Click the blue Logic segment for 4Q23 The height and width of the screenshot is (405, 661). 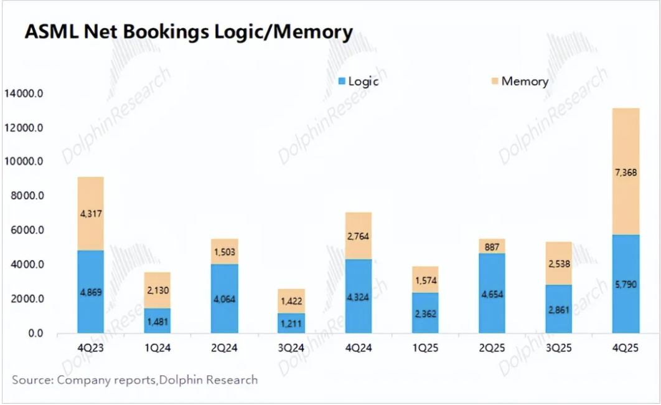pos(90,292)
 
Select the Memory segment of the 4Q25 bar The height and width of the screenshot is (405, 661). pos(626,171)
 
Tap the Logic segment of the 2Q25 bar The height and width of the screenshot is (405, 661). pos(492,293)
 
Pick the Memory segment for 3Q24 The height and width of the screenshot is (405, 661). pos(291,301)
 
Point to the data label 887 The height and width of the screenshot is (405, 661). pos(492,246)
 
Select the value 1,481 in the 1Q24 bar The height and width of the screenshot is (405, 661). pos(157,321)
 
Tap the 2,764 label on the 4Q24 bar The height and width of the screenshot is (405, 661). pos(358,236)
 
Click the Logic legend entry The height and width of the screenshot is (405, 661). pos(358,81)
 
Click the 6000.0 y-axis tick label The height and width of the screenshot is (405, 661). pos(26,231)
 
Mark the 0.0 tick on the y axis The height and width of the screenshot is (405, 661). pos(34,333)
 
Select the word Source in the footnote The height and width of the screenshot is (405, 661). pos(32,379)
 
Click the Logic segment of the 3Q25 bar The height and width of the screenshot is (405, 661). pos(558,309)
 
